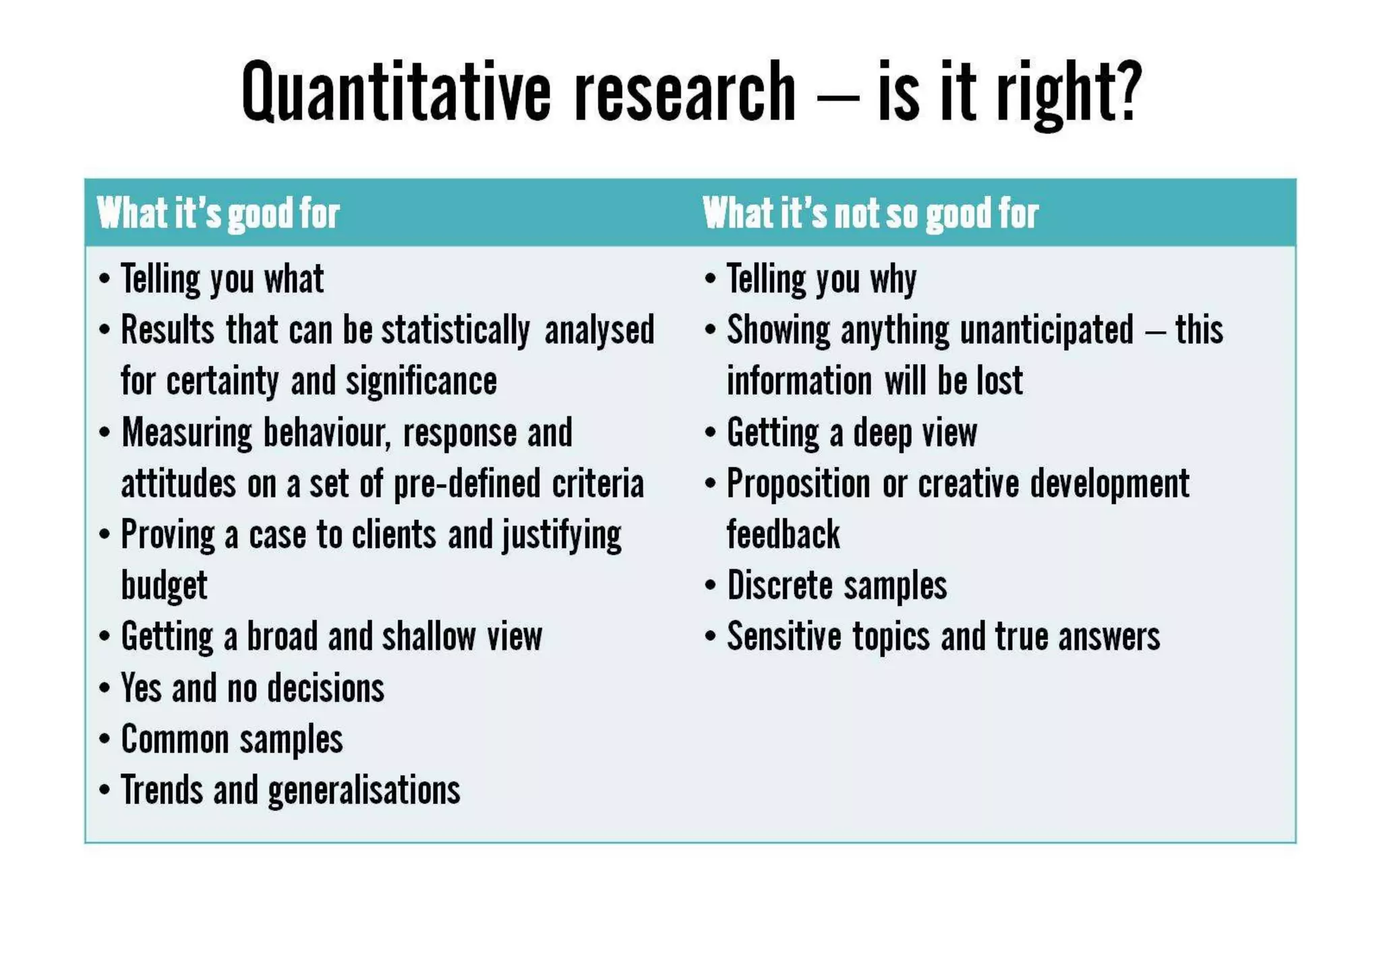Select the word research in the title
coord(685,92)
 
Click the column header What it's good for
coord(218,214)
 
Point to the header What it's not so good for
coord(870,214)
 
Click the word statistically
coord(456,331)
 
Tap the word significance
coord(421,382)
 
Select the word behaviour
coord(327,433)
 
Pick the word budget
coord(164,585)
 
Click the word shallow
coord(429,636)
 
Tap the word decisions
coord(326,688)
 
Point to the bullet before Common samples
coord(104,739)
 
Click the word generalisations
coord(364,790)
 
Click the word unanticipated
coord(1047,331)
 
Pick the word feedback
coord(783,535)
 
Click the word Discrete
coord(780,585)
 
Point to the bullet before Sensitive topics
coord(710,636)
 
